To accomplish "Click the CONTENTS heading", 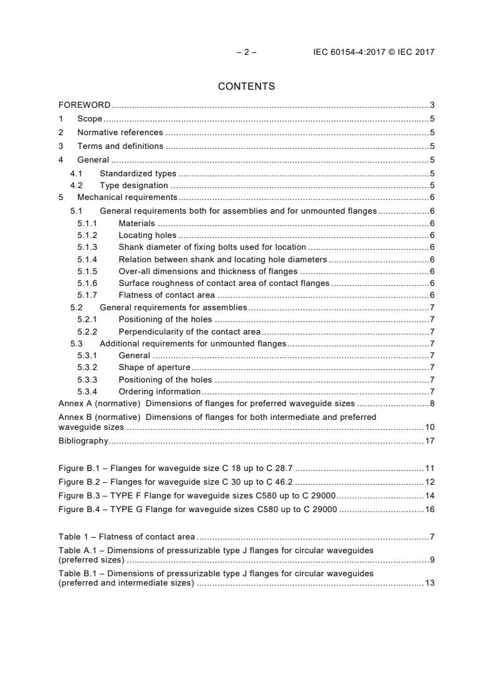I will click(x=247, y=87).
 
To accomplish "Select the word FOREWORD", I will click(x=85, y=105).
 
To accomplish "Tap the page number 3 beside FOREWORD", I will click(x=432, y=105).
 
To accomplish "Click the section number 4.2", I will click(x=77, y=185).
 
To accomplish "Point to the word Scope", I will click(x=90, y=118).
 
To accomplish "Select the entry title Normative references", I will click(x=120, y=132).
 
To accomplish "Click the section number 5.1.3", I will click(x=87, y=247).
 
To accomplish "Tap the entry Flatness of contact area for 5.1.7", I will click(x=166, y=295).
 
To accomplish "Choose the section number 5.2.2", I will click(x=87, y=331).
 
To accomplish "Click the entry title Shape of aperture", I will click(x=154, y=367).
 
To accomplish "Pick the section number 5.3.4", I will click(x=87, y=391).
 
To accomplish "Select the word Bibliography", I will click(x=83, y=440).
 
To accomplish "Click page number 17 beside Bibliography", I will click(x=430, y=440).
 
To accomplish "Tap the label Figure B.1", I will click(x=77, y=468).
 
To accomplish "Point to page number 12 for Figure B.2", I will click(x=430, y=482).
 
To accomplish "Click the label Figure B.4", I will click(x=77, y=509).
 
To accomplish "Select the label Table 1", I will click(x=73, y=536).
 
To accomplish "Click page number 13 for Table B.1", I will click(x=430, y=583).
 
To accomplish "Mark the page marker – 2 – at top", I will click(x=247, y=52).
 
